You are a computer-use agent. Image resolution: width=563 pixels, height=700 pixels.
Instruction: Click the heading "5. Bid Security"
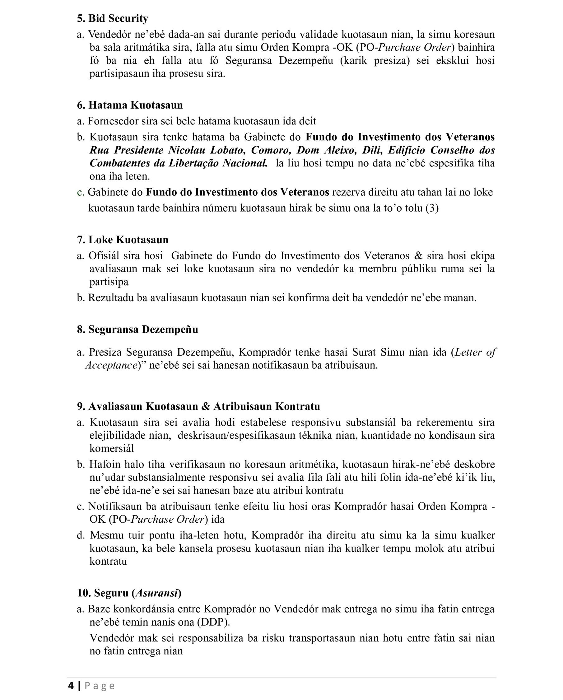pos(112,18)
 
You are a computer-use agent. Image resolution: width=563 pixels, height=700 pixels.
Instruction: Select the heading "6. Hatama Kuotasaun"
pos(130,105)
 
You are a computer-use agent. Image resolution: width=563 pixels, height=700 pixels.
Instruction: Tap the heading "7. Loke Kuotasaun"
pos(123,240)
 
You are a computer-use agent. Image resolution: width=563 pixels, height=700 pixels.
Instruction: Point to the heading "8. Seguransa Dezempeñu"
pos(137,329)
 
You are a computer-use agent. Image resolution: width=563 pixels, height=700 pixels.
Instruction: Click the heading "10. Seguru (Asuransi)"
pos(129,593)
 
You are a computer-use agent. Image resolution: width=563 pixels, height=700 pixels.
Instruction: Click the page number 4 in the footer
pos(71,686)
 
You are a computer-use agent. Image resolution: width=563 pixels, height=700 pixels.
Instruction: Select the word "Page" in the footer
pos(100,686)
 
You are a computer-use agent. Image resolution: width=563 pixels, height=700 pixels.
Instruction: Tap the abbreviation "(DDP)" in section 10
pos(213,623)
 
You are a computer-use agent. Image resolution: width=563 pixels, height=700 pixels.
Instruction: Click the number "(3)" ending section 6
pos(432,208)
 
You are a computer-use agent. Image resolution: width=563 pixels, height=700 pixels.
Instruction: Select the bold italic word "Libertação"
pos(193,163)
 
